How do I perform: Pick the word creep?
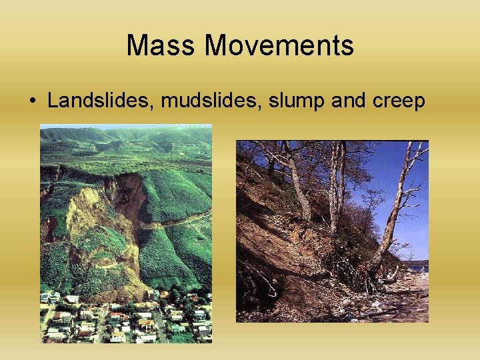tap(399, 101)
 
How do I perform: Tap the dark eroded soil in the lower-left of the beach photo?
tap(267, 293)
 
